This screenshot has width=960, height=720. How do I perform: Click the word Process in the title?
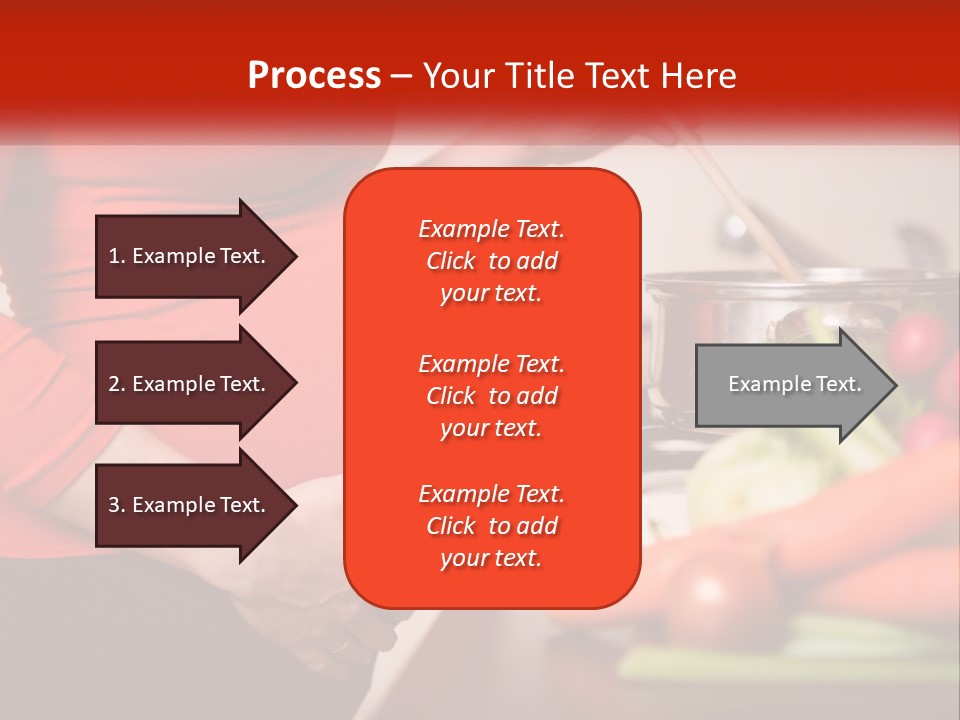click(314, 76)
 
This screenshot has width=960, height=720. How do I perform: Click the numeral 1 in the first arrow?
click(114, 256)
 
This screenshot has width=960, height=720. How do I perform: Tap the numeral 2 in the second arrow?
click(114, 384)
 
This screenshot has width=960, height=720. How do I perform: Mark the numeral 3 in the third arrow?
click(114, 505)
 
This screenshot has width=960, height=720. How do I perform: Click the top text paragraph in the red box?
click(491, 261)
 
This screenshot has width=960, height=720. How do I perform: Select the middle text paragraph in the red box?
click(491, 396)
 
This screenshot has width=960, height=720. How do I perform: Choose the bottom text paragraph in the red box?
click(491, 526)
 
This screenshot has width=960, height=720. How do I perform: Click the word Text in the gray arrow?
click(840, 384)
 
